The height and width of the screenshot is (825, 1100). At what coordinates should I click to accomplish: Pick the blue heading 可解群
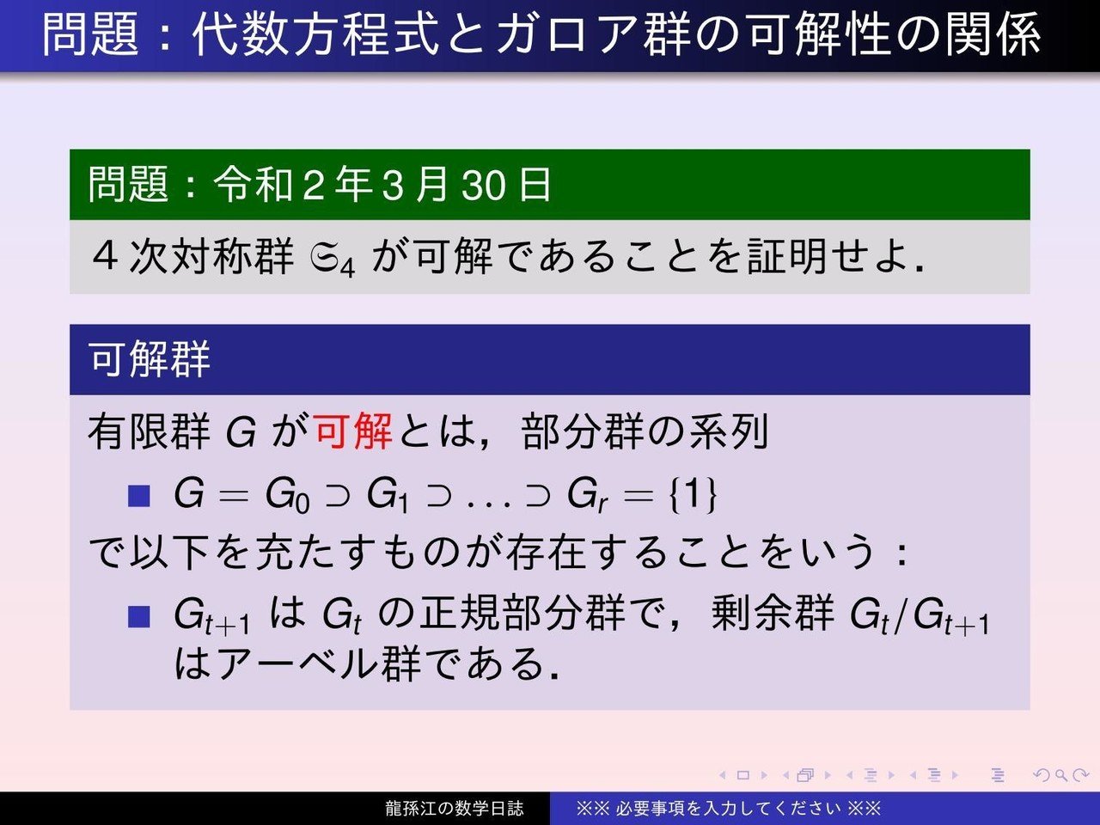click(150, 359)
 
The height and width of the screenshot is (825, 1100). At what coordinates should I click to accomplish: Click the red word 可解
click(353, 431)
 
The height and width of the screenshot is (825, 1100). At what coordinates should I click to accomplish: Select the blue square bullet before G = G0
click(138, 496)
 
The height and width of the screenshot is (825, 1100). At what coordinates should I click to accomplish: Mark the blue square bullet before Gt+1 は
click(138, 616)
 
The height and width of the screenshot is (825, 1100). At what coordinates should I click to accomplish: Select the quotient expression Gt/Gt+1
click(919, 615)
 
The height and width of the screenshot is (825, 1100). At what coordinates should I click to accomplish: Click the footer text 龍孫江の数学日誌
click(454, 809)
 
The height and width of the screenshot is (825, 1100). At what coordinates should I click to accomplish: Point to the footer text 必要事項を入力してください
click(728, 809)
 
